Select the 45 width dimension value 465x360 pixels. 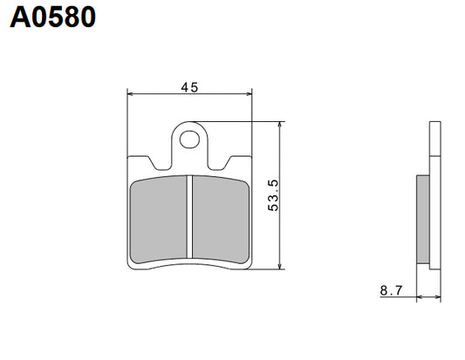[189, 86]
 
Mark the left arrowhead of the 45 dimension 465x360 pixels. [132, 92]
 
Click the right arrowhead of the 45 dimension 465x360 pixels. [249, 92]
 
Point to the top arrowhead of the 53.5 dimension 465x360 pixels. [279, 126]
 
